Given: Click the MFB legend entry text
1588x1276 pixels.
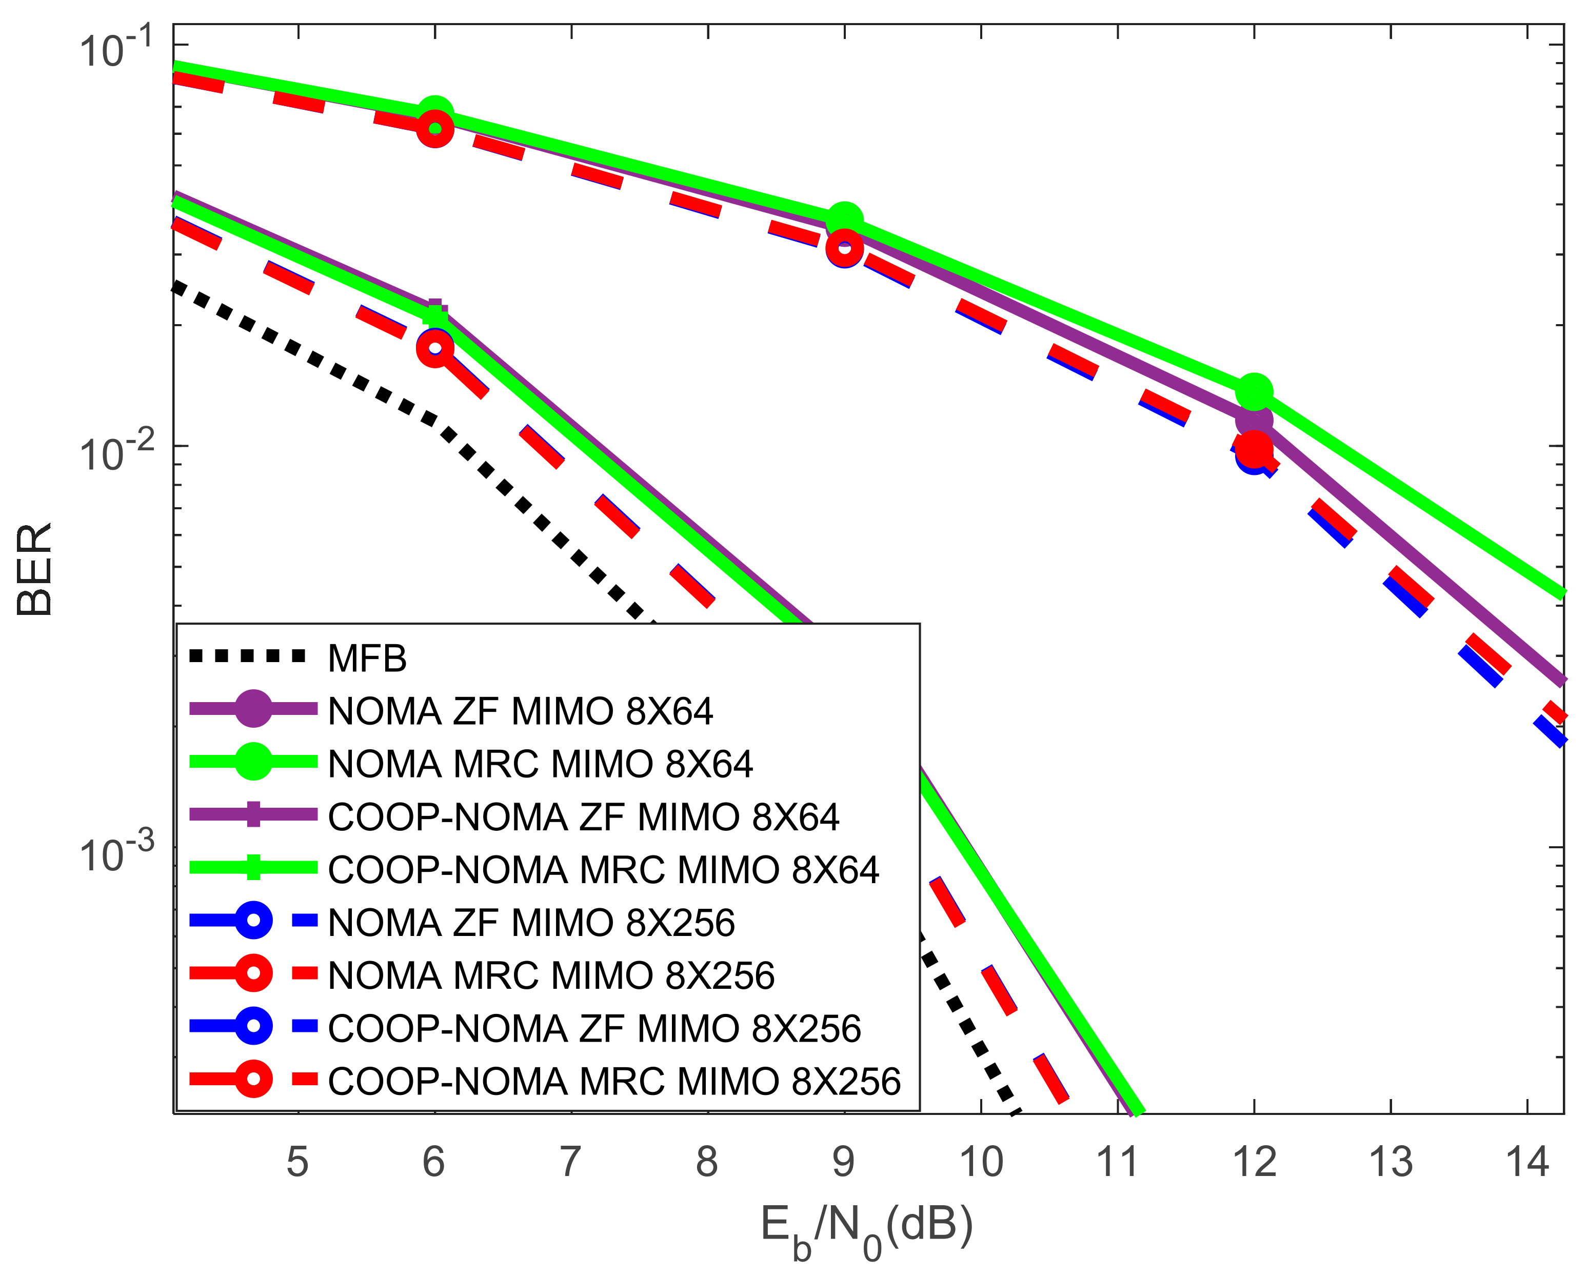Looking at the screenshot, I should (x=367, y=658).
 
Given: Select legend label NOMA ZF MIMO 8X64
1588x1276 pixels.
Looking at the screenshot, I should (x=520, y=711).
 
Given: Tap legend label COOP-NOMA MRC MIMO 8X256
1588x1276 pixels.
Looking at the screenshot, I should (x=613, y=1082).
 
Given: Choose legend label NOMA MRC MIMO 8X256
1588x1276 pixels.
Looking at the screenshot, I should (x=551, y=975).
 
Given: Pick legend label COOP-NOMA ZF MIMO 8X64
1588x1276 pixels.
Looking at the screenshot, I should (x=583, y=818).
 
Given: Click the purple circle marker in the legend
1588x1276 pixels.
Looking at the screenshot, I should (x=253, y=709).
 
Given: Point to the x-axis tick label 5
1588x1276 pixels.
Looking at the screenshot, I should (x=297, y=1162).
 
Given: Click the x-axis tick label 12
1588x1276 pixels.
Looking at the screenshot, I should (x=1254, y=1162).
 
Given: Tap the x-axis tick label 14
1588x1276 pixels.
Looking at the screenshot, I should (x=1527, y=1162).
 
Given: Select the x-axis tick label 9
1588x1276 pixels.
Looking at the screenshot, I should (x=843, y=1162).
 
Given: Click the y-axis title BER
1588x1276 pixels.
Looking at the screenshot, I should (x=34, y=569).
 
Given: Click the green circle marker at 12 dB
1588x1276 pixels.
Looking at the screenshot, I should (x=1254, y=392).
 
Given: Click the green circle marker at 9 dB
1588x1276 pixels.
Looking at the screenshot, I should (x=845, y=220).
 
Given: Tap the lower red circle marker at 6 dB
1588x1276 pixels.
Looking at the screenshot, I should (x=434, y=348).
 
